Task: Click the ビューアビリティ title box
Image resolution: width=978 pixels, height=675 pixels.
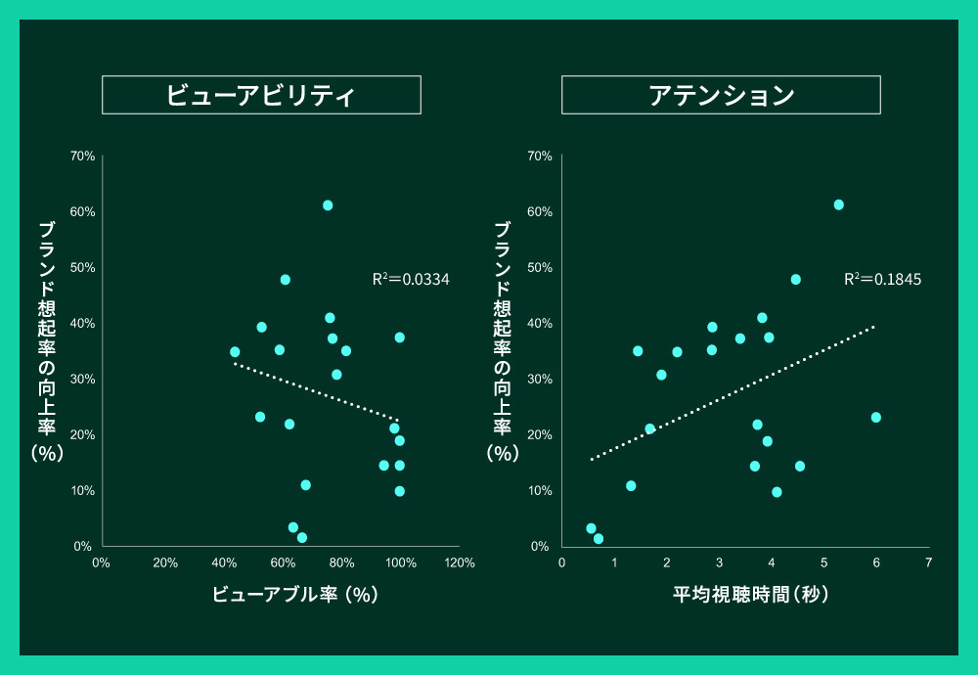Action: click(x=261, y=95)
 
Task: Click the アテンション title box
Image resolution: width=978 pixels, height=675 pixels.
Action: click(x=721, y=95)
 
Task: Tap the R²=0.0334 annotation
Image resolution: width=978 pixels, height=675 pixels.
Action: click(x=411, y=279)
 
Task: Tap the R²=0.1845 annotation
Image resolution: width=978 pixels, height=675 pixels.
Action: click(x=882, y=279)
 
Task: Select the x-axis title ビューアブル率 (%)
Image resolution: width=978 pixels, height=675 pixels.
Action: click(x=294, y=594)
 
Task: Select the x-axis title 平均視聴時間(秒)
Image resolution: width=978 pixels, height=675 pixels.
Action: click(x=750, y=594)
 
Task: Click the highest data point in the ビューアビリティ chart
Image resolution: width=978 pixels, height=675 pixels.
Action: click(x=328, y=205)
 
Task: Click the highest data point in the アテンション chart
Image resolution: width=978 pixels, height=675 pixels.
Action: click(x=838, y=204)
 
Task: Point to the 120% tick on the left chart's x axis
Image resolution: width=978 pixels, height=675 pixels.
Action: click(x=459, y=563)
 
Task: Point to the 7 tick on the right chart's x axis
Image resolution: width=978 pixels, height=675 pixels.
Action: click(x=928, y=563)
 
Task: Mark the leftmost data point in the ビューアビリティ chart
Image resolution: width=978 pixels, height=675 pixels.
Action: click(x=235, y=351)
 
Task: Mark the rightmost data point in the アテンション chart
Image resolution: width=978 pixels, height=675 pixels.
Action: click(x=876, y=417)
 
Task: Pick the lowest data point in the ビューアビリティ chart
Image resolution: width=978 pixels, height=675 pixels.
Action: click(x=302, y=537)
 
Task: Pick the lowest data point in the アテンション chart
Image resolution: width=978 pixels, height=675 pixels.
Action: click(x=599, y=538)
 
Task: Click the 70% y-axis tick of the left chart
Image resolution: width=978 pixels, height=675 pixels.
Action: click(x=82, y=156)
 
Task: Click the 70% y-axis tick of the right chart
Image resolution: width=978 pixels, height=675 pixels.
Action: click(x=540, y=156)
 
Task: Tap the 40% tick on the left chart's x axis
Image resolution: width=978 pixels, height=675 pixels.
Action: click(x=225, y=563)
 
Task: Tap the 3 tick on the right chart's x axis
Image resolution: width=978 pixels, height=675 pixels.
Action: click(x=719, y=563)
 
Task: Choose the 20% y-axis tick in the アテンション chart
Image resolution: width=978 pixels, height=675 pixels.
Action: click(x=540, y=434)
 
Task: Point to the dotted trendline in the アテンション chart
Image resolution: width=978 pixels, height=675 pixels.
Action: click(x=733, y=391)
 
